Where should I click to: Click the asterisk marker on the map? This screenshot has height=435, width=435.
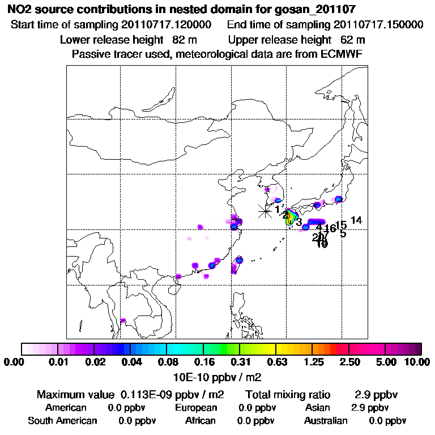point(265,211)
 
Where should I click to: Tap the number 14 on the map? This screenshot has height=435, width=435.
point(356,220)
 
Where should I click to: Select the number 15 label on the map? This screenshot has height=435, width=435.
point(341,225)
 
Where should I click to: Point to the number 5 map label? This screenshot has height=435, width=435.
point(343,233)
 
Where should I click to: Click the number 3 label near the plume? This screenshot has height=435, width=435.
point(299,223)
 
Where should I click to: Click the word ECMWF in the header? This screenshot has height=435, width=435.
point(342,54)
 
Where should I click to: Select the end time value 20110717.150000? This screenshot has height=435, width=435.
point(378,25)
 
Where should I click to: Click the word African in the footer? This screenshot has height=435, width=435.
point(200,421)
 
